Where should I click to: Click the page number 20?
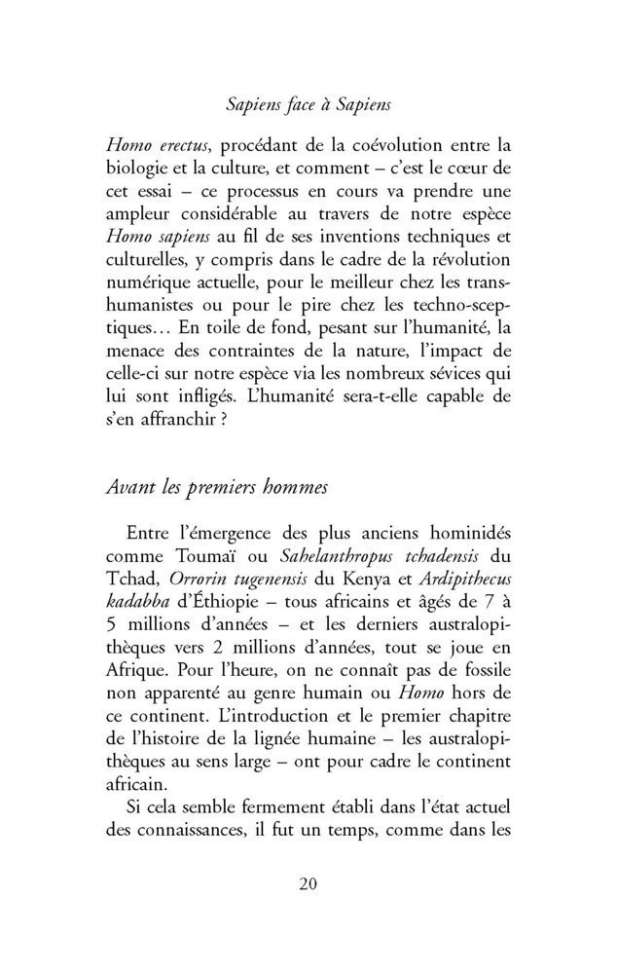308,884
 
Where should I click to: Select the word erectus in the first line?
176,146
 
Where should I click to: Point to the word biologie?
137,171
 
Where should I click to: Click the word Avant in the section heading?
127,489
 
